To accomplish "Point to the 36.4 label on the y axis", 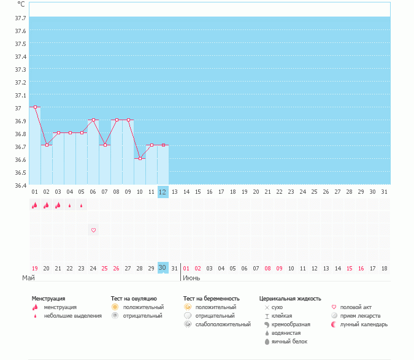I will click(20, 185).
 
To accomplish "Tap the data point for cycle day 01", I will click(35, 107).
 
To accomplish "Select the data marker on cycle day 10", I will click(140, 158).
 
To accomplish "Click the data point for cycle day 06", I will click(93, 120).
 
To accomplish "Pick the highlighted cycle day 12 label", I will click(163, 192).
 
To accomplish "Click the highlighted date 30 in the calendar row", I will click(163, 268).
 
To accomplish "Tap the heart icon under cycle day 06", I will click(93, 230).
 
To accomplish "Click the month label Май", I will click(28, 278).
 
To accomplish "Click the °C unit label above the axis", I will click(21, 4).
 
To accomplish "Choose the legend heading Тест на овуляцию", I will click(134, 299).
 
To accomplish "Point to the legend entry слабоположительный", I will click(223, 324).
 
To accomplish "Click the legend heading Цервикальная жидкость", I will click(290, 299).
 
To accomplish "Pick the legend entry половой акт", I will click(356, 307).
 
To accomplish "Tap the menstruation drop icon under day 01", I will click(34, 205).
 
